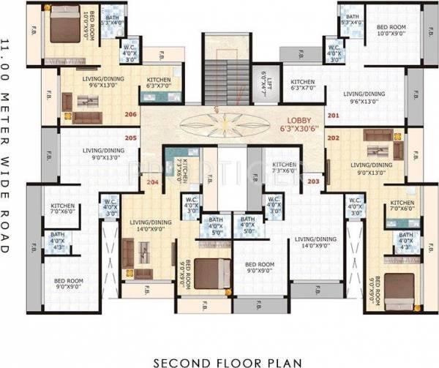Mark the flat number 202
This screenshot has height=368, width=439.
[334, 138]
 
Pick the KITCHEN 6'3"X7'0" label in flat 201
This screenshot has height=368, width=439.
[302, 85]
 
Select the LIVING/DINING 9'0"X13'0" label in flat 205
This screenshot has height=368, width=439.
[103, 153]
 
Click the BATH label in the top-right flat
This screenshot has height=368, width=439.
[352, 18]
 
